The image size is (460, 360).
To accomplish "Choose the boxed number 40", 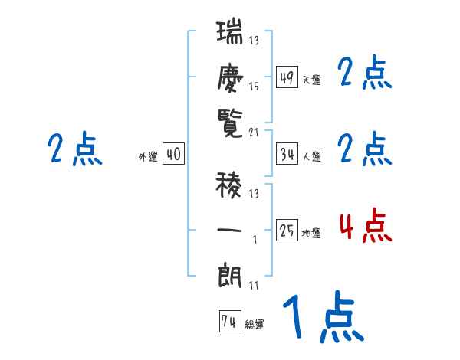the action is tap(173, 154).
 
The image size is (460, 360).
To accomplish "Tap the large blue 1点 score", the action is tap(322, 319).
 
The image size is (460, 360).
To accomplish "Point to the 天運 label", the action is tap(311, 79).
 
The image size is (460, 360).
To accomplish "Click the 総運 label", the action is tap(255, 325).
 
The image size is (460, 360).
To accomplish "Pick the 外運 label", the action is tap(148, 156).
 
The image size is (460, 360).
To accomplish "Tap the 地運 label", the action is tap(311, 233).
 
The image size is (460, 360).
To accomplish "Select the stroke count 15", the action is tap(255, 87).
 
